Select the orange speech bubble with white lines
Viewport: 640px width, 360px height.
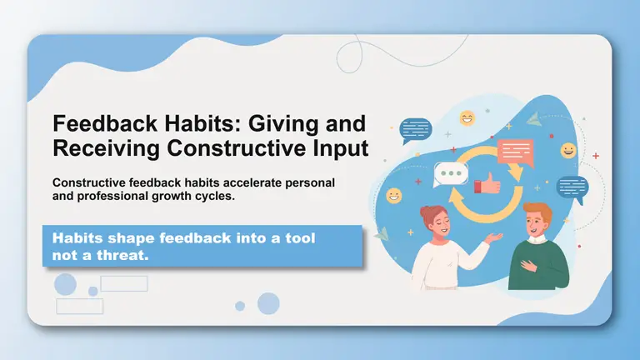514,152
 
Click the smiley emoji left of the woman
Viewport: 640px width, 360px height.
393,195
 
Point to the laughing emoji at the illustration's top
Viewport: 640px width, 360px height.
467,117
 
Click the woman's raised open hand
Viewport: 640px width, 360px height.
497,238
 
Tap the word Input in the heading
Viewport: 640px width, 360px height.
337,148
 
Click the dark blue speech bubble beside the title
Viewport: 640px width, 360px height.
416,129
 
